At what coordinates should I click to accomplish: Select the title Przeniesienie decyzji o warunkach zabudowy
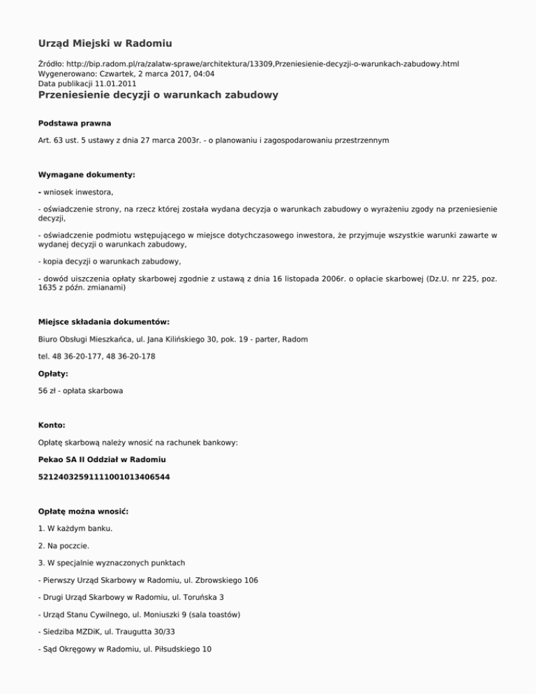[x=158, y=95]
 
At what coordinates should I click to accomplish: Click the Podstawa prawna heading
[x=75, y=123]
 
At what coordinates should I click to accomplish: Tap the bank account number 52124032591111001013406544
[x=103, y=477]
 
